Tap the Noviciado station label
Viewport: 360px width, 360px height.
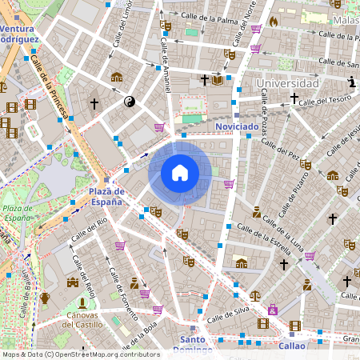[237, 126]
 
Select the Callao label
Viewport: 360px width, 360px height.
[292, 346]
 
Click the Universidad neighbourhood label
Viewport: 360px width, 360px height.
[287, 83]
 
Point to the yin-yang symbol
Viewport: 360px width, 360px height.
[130, 102]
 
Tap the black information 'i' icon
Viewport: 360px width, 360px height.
[353, 82]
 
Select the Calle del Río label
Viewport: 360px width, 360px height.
[89, 231]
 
